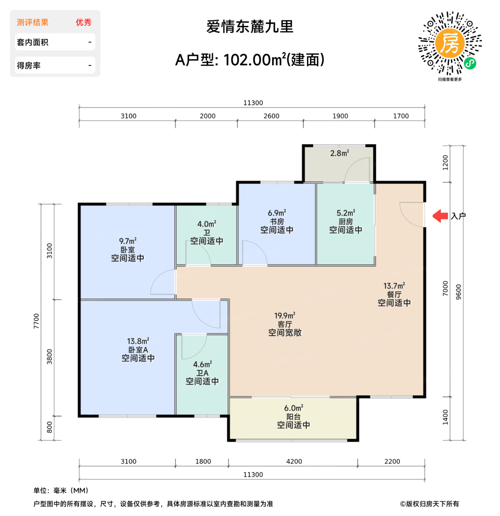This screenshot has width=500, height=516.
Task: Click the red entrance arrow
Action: (440, 216)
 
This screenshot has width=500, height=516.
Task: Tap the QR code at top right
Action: (450, 43)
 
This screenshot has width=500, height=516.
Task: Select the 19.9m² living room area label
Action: (285, 316)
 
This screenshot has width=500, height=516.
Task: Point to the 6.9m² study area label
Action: (277, 213)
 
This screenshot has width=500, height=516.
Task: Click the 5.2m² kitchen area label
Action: (346, 213)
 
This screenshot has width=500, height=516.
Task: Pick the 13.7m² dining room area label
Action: (394, 286)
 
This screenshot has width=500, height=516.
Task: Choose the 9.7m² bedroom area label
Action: (128, 241)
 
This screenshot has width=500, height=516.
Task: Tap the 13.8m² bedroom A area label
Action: (138, 341)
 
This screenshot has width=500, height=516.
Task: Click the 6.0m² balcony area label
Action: (293, 408)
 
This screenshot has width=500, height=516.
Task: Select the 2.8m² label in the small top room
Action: (339, 153)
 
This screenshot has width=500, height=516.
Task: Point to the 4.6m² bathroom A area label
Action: (202, 365)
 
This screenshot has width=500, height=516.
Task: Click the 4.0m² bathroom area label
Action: (207, 224)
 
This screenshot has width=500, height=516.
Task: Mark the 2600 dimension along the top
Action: (271, 116)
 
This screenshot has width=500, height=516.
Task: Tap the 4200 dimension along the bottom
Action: (294, 461)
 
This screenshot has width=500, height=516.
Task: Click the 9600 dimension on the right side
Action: (459, 292)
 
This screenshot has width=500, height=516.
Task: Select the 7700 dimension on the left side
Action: (36, 321)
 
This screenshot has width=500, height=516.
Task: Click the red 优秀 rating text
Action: (83, 22)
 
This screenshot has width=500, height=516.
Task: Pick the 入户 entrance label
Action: (458, 216)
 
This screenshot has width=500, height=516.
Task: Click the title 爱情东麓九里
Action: (250, 27)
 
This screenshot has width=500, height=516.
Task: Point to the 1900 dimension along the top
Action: (340, 116)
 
